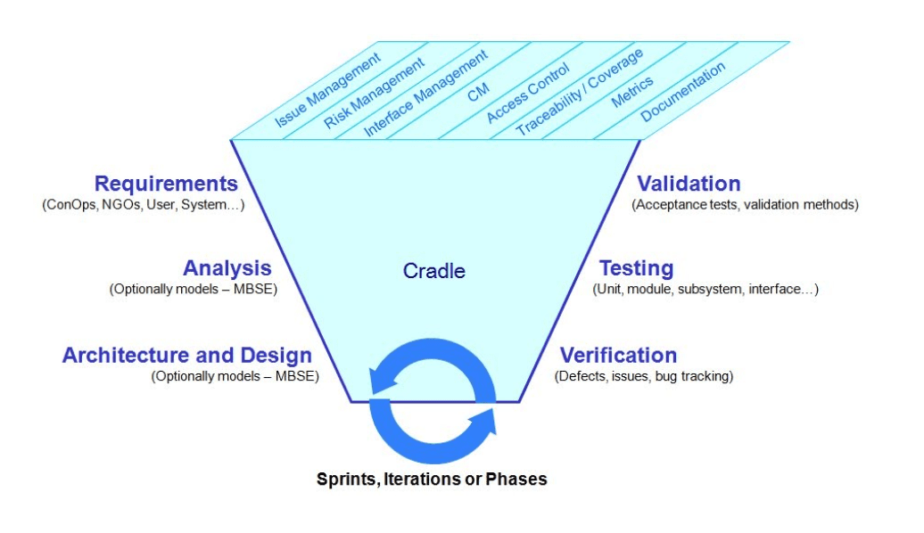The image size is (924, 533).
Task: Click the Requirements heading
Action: [x=166, y=184]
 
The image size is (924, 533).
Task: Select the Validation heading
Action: [x=689, y=184]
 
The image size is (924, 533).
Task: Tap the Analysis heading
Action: [x=227, y=268]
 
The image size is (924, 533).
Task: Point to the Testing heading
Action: [x=636, y=268]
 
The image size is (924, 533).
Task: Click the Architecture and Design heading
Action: [x=187, y=356]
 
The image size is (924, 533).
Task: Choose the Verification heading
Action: [x=618, y=356]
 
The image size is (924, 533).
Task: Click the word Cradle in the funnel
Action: [x=434, y=271]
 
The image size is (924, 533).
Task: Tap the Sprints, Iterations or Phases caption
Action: [x=432, y=479]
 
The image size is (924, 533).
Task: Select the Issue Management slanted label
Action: [x=327, y=90]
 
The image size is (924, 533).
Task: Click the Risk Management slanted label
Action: [x=375, y=94]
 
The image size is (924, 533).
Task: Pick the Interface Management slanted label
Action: [x=425, y=94]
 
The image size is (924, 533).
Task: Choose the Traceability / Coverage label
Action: [x=579, y=94]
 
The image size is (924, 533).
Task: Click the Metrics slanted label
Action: [x=632, y=92]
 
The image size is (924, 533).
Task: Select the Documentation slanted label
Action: [x=683, y=91]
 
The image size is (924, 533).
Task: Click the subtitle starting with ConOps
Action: [x=143, y=204]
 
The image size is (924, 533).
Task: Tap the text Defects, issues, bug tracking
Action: [x=644, y=376]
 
